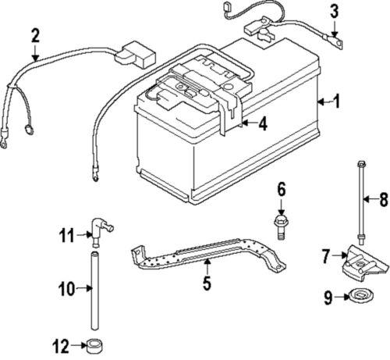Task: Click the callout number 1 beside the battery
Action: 338,100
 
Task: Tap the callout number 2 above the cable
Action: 35,35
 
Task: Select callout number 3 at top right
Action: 334,11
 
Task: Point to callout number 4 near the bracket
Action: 264,123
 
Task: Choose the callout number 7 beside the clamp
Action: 326,254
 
